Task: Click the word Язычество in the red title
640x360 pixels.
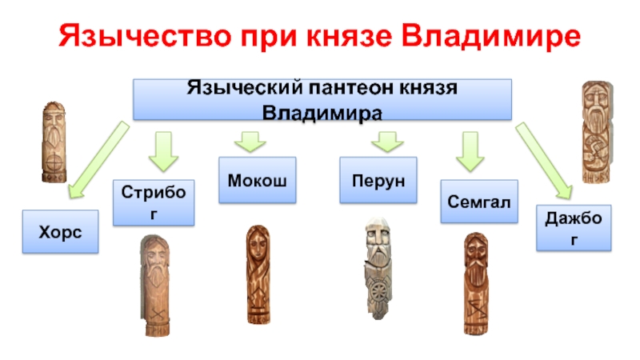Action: (x=145, y=36)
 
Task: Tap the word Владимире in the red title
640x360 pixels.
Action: (x=490, y=36)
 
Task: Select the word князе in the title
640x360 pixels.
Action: (x=350, y=36)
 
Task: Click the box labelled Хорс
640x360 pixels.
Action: (x=61, y=231)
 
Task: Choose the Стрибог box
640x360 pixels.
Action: (x=154, y=202)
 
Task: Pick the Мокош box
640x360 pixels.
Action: (x=257, y=180)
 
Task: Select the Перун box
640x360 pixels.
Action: (x=378, y=180)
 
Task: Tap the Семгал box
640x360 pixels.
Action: (x=479, y=202)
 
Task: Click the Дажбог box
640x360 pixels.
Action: (x=574, y=228)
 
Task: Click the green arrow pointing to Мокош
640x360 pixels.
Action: (x=250, y=142)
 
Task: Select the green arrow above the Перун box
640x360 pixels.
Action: (x=387, y=142)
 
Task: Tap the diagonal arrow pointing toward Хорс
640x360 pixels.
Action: (x=98, y=160)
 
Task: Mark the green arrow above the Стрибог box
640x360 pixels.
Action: (x=163, y=151)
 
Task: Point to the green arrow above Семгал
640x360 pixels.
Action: (x=470, y=151)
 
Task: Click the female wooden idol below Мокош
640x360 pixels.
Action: (x=258, y=274)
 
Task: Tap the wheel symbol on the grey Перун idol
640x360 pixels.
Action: (x=378, y=291)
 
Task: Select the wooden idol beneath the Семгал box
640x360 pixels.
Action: (x=476, y=284)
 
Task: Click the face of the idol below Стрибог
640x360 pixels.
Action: (x=154, y=256)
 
